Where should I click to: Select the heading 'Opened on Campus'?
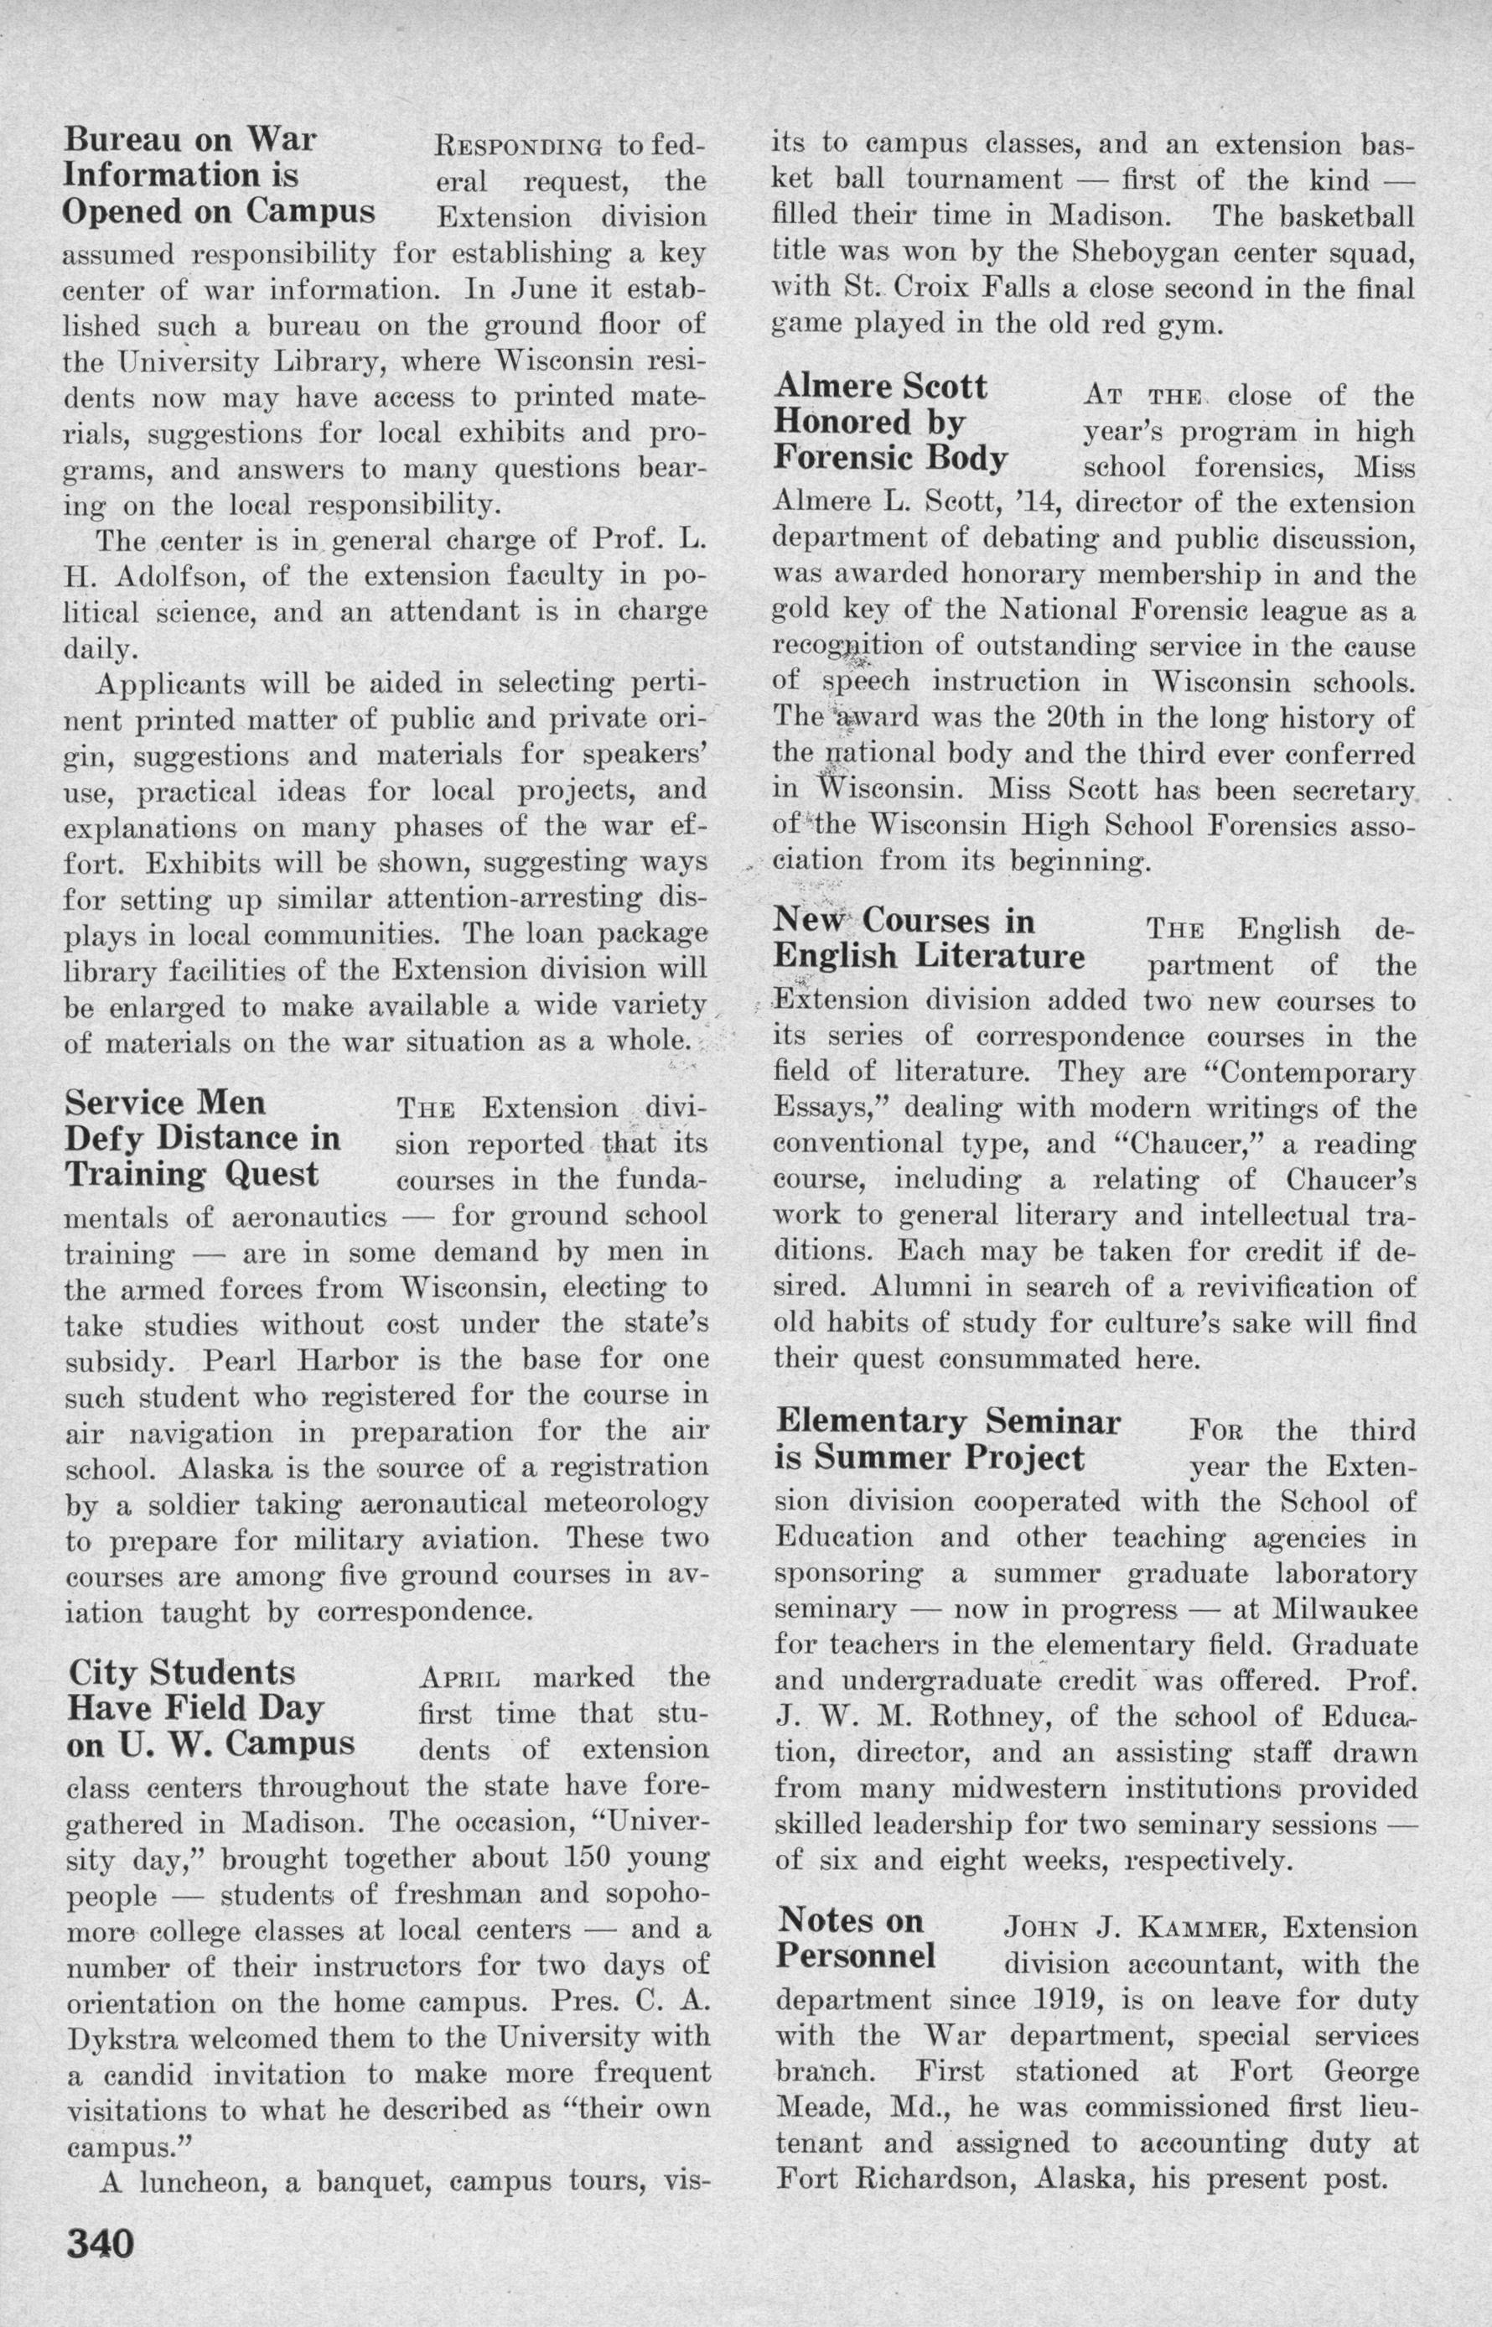(218, 211)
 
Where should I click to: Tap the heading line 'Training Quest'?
(191, 1175)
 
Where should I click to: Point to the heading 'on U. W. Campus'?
(211, 1743)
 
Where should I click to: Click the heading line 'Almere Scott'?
(881, 387)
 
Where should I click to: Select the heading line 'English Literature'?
(928, 958)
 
